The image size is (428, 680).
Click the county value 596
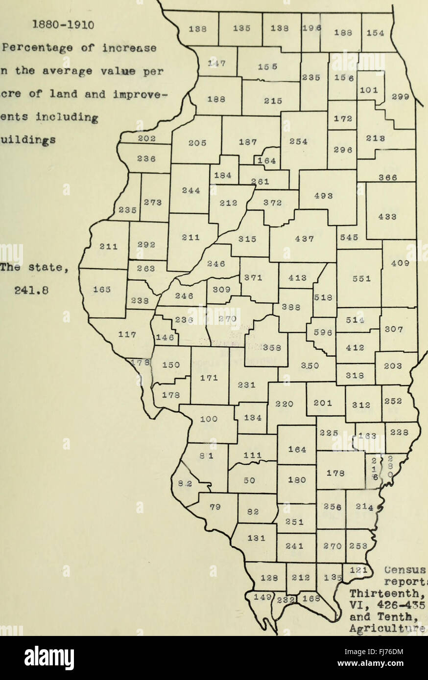click(x=323, y=333)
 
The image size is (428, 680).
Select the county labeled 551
click(x=361, y=278)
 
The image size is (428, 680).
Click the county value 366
click(x=387, y=178)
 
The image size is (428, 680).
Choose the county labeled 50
click(x=249, y=481)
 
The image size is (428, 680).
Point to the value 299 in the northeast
click(x=400, y=97)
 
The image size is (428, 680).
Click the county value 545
click(x=349, y=237)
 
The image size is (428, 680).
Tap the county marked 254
click(x=298, y=142)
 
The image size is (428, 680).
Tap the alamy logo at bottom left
click(x=49, y=658)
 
